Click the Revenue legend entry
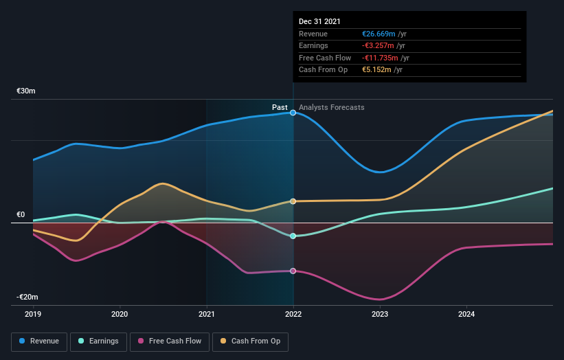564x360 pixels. (x=40, y=341)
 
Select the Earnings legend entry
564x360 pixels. (x=98, y=341)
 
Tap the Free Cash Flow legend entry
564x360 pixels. (x=170, y=341)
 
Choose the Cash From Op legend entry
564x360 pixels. (x=251, y=341)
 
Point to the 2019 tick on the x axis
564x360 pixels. (x=33, y=315)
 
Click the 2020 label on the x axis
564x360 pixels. (x=120, y=315)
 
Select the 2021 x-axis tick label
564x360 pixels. (x=207, y=315)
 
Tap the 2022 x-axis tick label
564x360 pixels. (x=293, y=315)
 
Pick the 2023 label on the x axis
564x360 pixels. (x=380, y=315)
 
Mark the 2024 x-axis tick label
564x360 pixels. (x=466, y=315)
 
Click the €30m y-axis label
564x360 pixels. (x=26, y=91)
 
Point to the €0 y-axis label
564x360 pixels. (x=21, y=214)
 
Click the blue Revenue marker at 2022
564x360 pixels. (x=293, y=112)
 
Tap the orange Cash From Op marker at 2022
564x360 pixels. (x=293, y=201)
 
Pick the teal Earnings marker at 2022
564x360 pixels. (x=293, y=236)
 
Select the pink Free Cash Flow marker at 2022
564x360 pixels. (x=293, y=271)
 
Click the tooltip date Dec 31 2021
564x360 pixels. (x=319, y=22)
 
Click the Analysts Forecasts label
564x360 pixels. (x=332, y=107)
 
